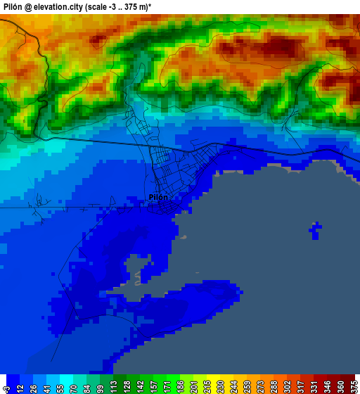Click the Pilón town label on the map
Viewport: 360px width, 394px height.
coord(158,197)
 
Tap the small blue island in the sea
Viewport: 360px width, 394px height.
coord(316,229)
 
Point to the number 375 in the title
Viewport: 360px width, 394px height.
coord(145,6)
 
